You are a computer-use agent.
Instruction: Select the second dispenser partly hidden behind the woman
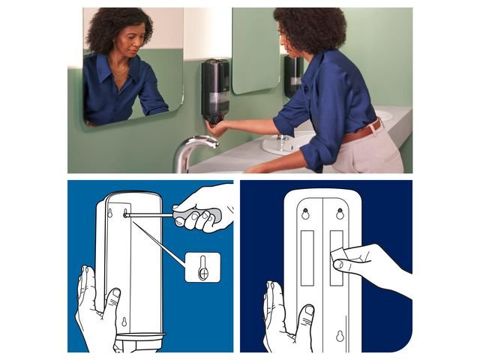tap(293, 75)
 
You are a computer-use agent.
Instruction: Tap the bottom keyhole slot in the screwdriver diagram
tap(124, 323)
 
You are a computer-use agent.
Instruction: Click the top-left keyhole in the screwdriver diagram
tap(111, 213)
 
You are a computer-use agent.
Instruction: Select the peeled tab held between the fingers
tap(338, 252)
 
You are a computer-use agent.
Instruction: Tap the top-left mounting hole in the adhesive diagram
tap(305, 212)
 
